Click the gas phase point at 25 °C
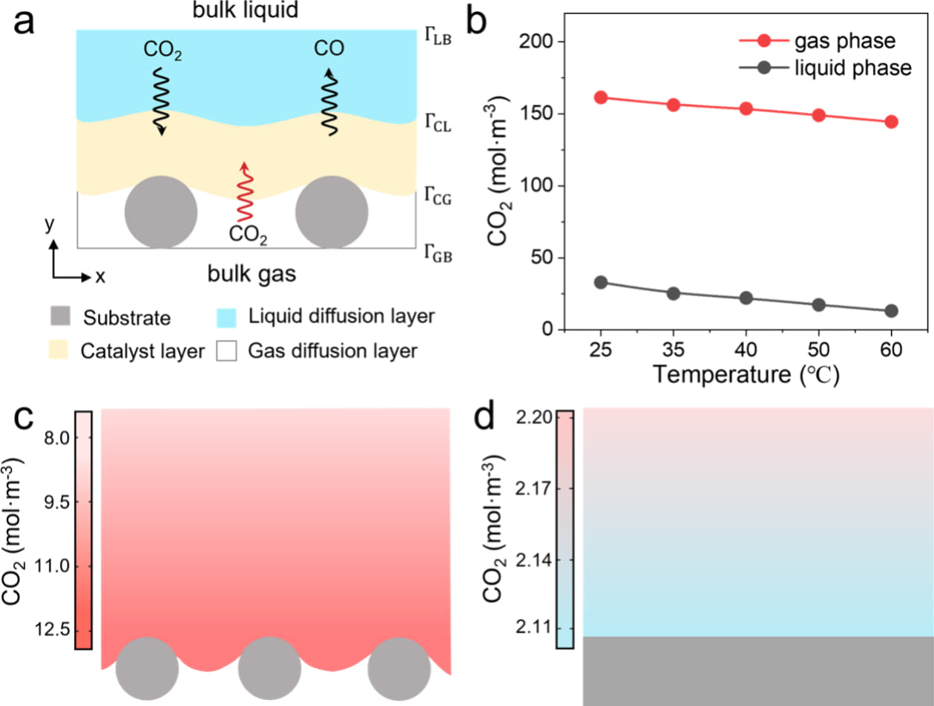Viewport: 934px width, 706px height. click(x=601, y=97)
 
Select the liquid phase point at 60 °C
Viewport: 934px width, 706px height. click(x=891, y=311)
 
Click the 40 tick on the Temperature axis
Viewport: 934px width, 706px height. click(x=746, y=349)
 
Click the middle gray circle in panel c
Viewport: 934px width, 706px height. click(x=269, y=668)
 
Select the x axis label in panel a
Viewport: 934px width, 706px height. click(x=100, y=277)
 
